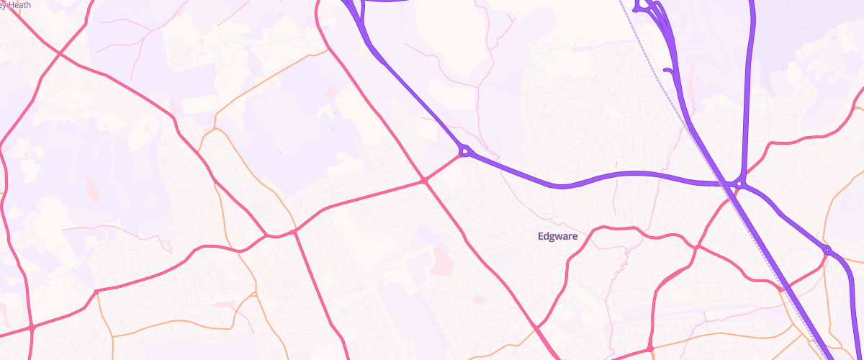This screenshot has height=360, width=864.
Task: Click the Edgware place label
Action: coord(558,235)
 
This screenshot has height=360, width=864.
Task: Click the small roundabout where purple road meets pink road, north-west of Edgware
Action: coord(465,151)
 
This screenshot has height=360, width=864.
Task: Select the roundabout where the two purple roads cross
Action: coord(739,184)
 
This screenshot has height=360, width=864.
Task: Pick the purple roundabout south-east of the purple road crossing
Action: coord(827,250)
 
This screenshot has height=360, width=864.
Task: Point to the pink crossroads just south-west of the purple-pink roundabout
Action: coord(426,181)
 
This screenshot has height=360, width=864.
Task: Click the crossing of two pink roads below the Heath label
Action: coord(59,53)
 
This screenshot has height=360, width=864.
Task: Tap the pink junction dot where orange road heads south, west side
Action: coord(96,291)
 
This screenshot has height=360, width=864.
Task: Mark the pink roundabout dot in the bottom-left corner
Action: coord(32,328)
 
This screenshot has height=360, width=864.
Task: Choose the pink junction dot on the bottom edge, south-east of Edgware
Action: coord(650,348)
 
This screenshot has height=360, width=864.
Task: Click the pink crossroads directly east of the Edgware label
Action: coord(696,246)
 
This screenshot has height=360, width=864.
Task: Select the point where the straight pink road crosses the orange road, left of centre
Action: coord(294,232)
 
